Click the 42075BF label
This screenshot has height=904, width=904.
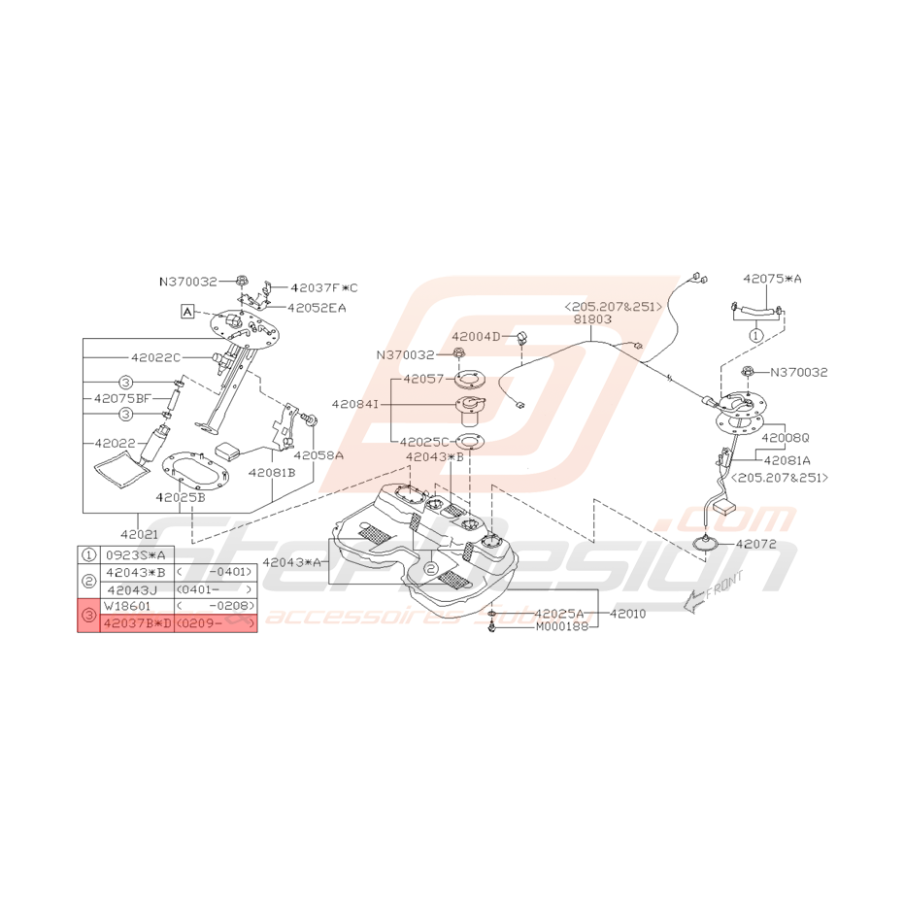(123, 398)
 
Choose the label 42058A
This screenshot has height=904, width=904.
(318, 454)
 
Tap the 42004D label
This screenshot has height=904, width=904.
(476, 336)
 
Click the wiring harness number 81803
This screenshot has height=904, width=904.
(592, 318)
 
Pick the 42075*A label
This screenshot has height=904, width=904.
(774, 279)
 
